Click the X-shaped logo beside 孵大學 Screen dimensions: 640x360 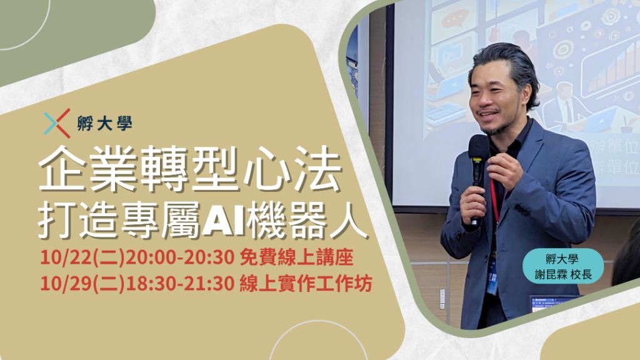point(57,123)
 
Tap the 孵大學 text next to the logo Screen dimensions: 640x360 point(104,123)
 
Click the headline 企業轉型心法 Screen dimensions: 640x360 point(190,169)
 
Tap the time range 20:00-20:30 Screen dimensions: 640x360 point(179,257)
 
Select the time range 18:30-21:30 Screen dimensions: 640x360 point(179,284)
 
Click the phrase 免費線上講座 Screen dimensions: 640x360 point(296,257)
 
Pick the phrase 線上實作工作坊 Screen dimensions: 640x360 point(306,284)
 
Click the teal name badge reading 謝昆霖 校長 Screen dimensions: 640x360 point(563,266)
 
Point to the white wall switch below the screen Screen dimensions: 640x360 point(442,299)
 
